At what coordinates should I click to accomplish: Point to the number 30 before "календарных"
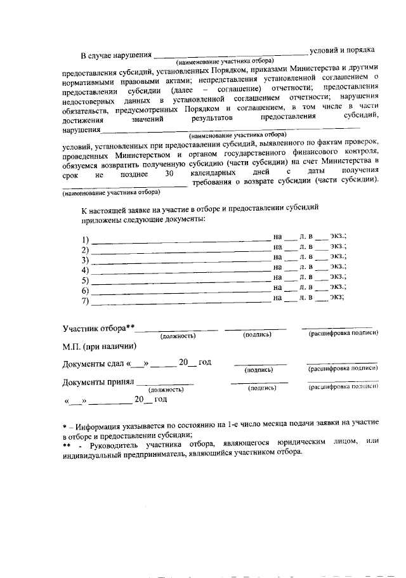pos(168,173)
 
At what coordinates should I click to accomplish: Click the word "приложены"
pos(99,219)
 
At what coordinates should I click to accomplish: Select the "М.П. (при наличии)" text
pos(99,346)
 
